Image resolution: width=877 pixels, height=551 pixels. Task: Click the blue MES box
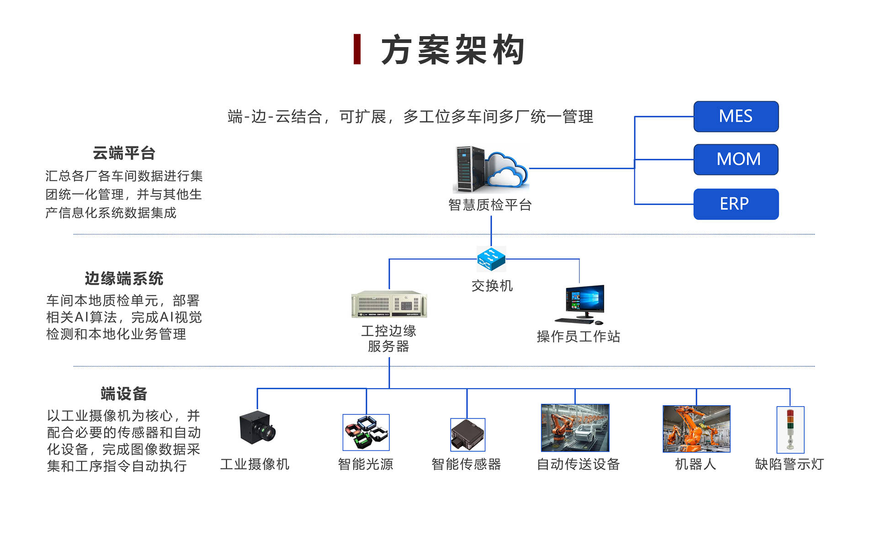[x=736, y=117]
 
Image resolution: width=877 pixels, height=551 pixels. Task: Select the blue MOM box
[x=736, y=160]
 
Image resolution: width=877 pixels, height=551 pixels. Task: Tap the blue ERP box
[x=736, y=204]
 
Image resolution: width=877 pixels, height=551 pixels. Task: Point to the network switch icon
[x=491, y=259]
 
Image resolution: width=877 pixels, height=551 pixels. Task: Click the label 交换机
[x=492, y=286]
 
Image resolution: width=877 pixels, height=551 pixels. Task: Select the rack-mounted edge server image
[x=389, y=304]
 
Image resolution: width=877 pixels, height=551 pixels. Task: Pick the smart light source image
[x=366, y=432]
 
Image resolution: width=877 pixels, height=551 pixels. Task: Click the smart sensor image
[x=467, y=435]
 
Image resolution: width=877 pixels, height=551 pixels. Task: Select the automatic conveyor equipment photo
[x=575, y=428]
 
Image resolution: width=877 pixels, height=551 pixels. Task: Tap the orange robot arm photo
[x=696, y=429]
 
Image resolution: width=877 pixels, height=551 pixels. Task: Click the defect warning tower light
[x=790, y=430]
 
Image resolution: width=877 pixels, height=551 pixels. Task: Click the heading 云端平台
[x=124, y=153]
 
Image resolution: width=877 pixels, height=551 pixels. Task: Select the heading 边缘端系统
[x=124, y=278]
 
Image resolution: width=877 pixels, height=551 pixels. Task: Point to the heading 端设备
[x=124, y=394]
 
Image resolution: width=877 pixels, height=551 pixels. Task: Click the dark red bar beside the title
[x=357, y=49]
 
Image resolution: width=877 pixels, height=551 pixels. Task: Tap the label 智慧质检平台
[x=490, y=205]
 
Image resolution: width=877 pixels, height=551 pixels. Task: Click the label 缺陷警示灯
[x=789, y=464]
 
